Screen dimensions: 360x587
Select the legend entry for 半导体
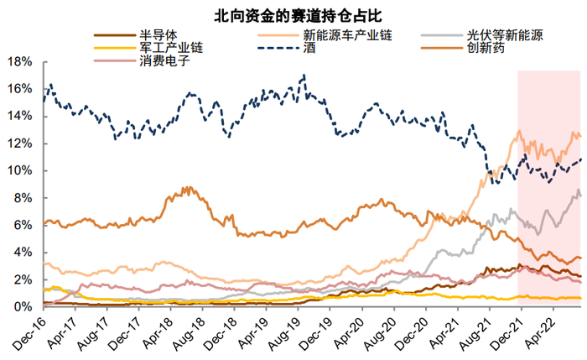click(x=154, y=35)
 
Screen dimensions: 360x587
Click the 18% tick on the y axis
click(x=20, y=62)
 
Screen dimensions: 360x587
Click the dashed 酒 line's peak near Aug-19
click(x=304, y=76)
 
